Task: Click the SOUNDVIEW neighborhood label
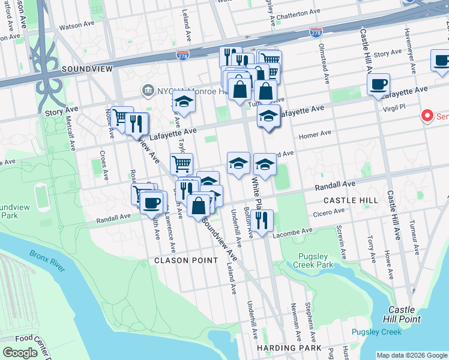click(x=87, y=69)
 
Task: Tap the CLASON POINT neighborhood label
click(x=186, y=260)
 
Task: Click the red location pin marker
click(x=427, y=115)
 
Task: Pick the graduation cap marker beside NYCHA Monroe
click(x=184, y=103)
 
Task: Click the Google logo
click(x=20, y=353)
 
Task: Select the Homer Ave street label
click(x=318, y=133)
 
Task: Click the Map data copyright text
click(x=411, y=355)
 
